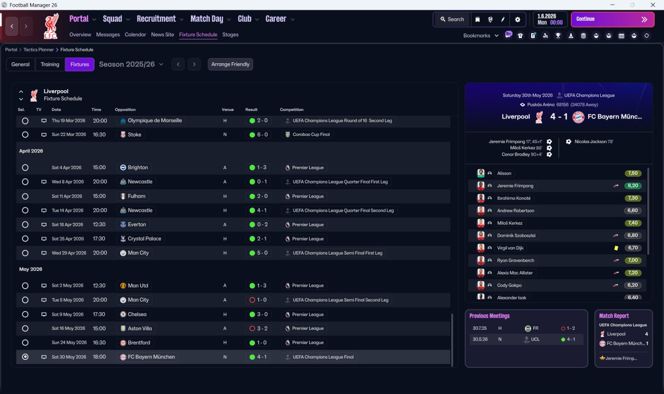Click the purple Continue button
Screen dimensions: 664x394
tap(613, 19)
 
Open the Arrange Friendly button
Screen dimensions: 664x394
tap(230, 64)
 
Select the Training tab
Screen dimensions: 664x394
tap(50, 64)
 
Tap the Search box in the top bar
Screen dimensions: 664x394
tap(452, 19)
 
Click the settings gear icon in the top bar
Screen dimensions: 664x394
tap(518, 19)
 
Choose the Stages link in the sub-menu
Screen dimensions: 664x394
tap(230, 35)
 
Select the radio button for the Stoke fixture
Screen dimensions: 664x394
tap(25, 134)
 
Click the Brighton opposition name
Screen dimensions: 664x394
tap(138, 167)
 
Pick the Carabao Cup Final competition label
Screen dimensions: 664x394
tap(311, 134)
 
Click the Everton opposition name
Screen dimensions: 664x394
tap(137, 224)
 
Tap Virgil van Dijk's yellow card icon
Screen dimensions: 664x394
tap(616, 248)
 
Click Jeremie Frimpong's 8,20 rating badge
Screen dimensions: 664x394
tap(633, 186)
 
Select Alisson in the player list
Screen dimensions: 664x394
tap(504, 173)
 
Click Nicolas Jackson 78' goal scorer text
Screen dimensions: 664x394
tap(594, 142)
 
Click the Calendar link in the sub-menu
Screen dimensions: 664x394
tap(135, 35)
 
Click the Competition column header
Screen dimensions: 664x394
tap(292, 109)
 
